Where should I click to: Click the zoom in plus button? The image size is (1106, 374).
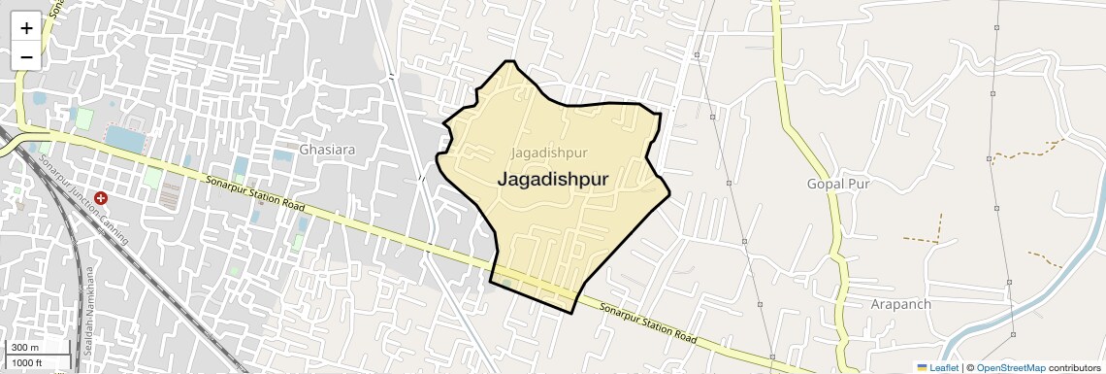[26, 27]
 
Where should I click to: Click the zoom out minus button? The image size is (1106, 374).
[26, 56]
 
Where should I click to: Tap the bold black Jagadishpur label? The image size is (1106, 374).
[553, 180]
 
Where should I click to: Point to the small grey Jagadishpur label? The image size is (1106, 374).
[549, 153]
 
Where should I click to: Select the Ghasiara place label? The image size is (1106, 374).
[328, 151]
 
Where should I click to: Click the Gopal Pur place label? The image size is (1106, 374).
[838, 183]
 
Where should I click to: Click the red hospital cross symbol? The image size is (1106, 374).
[101, 197]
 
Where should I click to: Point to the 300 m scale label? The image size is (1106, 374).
[25, 348]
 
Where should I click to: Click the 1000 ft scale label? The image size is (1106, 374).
[28, 362]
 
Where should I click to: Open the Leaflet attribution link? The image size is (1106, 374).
[938, 367]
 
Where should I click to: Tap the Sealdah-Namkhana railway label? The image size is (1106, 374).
[87, 310]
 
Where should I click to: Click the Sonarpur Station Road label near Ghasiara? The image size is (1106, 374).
[256, 195]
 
